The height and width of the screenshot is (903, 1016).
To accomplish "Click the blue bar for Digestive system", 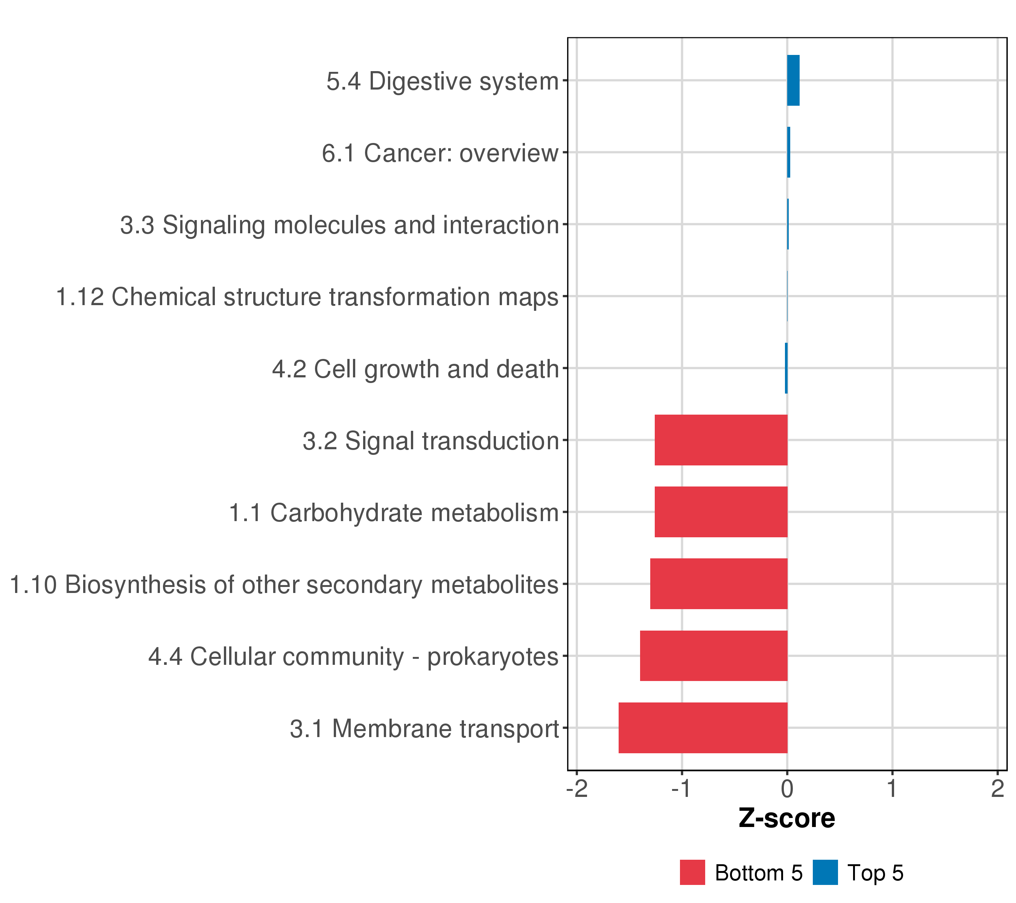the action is pos(793,81).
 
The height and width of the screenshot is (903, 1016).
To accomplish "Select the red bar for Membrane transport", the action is pos(703,728).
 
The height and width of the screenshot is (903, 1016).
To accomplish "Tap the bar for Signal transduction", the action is pos(721,440).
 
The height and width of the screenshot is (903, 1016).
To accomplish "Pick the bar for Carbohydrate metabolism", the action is pos(721,512).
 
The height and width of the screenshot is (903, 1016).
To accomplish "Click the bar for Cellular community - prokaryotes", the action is pos(714,655).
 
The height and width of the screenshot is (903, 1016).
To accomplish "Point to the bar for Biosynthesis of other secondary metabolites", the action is pos(719,584).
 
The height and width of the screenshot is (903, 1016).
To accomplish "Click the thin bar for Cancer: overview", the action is pos(789,152).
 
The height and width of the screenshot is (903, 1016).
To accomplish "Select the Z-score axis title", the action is pos(787,818).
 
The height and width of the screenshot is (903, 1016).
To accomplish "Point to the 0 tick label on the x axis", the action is pos(787,789).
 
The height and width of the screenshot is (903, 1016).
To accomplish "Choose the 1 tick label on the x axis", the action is pos(893,789).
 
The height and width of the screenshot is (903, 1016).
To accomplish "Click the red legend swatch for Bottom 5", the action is pos(692,873).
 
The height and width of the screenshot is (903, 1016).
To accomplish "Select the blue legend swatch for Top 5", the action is pos(825,873).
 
